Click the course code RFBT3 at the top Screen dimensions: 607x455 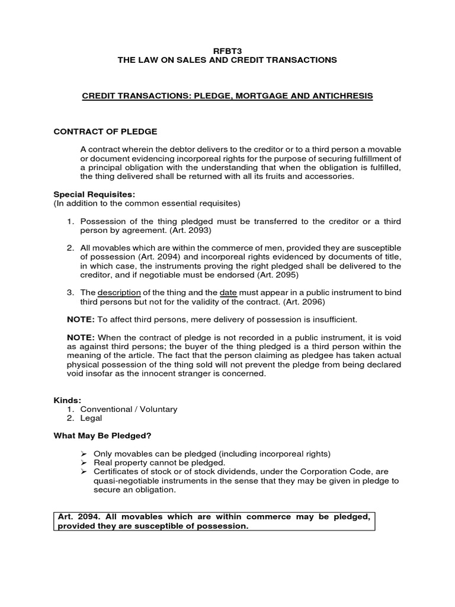click(227, 51)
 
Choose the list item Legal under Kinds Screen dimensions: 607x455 click(90, 418)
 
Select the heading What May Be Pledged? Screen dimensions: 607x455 click(102, 436)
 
